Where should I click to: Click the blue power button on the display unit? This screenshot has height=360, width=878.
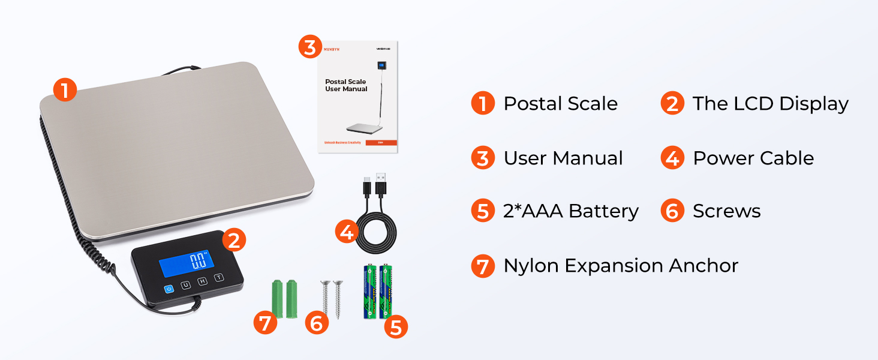tap(169, 289)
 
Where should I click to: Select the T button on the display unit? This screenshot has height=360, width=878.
tap(219, 277)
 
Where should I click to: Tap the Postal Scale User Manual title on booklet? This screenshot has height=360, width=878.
tap(346, 85)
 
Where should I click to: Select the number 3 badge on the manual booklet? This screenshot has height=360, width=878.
tap(309, 47)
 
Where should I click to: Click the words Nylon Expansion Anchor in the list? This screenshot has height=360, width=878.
tap(621, 266)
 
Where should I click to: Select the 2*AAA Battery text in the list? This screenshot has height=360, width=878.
tap(571, 211)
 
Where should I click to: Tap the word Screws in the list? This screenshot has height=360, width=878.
tap(726, 211)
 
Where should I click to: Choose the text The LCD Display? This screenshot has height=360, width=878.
tap(771, 104)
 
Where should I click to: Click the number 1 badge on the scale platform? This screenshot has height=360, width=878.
tap(65, 91)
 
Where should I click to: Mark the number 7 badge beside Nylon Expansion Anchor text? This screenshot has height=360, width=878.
tap(483, 266)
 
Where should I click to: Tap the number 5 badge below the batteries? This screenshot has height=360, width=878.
tap(396, 327)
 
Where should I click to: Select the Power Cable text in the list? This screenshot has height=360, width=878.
tap(753, 158)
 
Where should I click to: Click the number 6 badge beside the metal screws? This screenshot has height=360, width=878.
tap(317, 323)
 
